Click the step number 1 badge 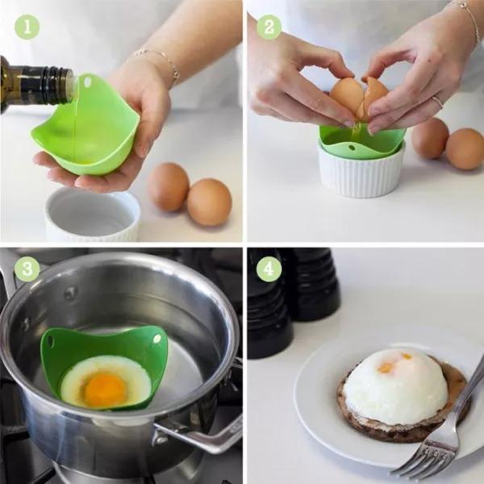pos(27,27)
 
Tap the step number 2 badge pos(269,27)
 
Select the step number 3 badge pos(27,269)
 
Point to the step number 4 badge pos(269,269)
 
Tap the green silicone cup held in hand pos(89,129)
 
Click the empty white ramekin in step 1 pos(92,214)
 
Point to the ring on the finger pos(437,101)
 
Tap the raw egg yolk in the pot pos(105,390)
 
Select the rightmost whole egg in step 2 pos(465,148)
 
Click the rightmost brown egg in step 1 pos(209,202)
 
